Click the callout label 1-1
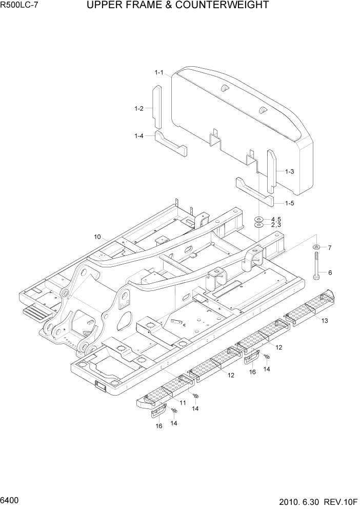[158, 73]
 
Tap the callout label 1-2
[138, 108]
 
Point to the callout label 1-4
[138, 136]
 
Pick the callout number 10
[97, 237]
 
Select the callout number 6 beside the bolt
[330, 272]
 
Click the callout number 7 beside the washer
[330, 248]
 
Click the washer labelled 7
[316, 247]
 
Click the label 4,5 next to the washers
[276, 219]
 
